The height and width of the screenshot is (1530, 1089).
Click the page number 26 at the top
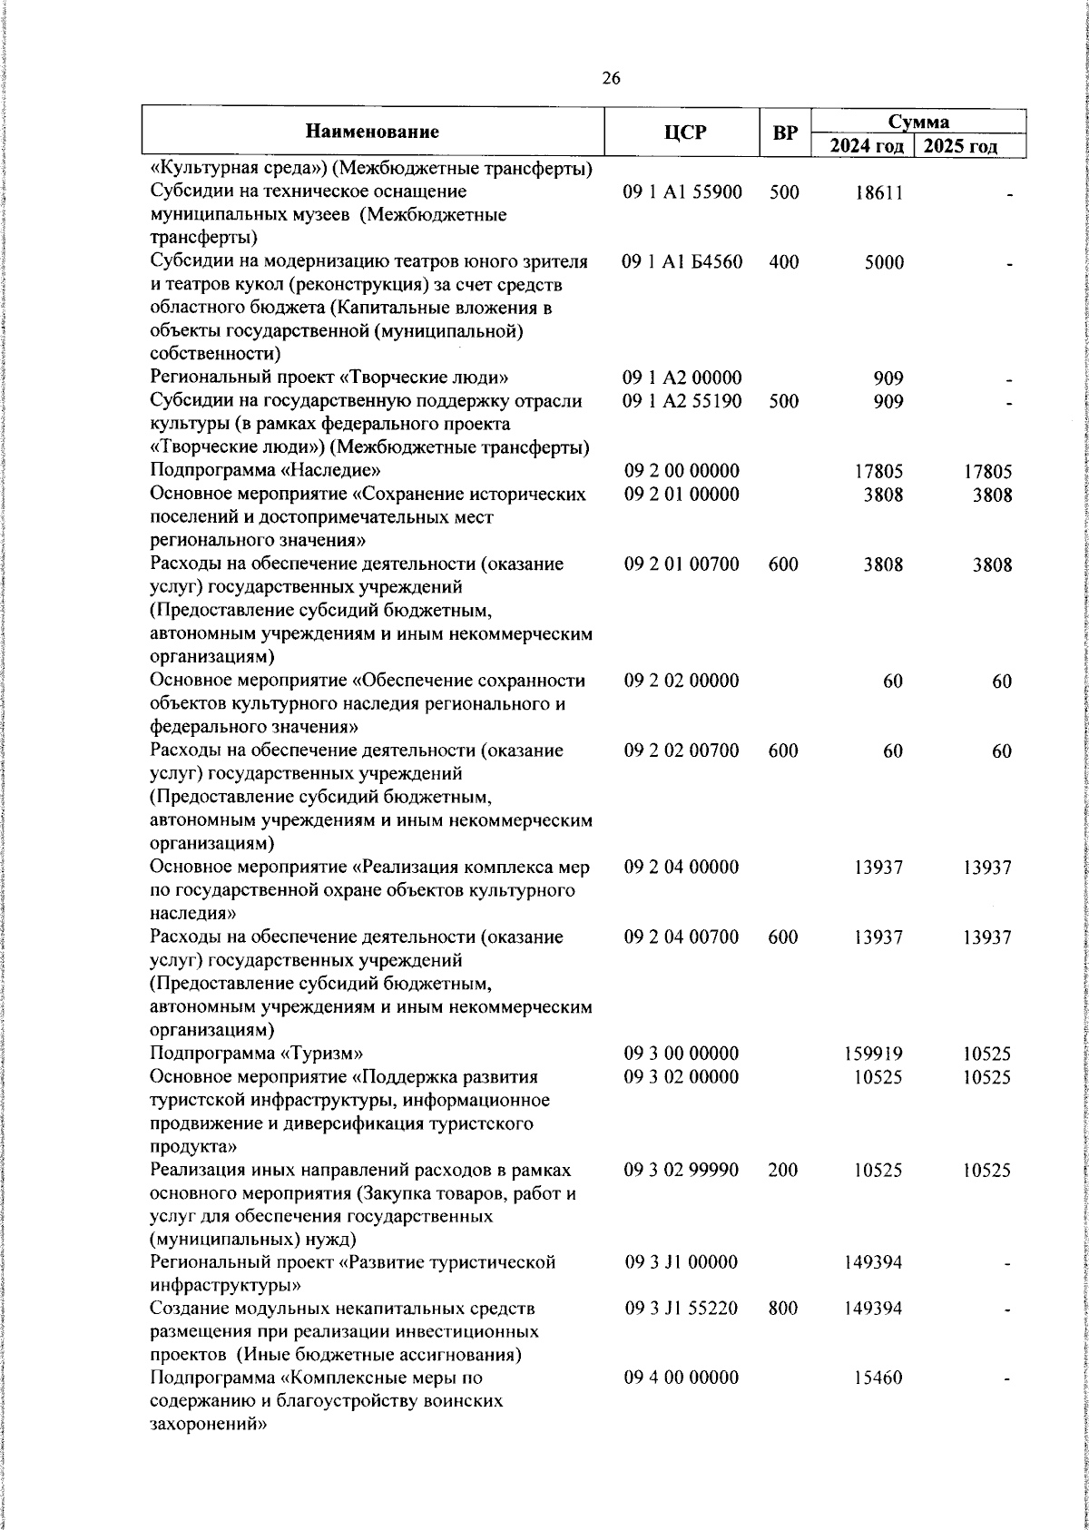[611, 79]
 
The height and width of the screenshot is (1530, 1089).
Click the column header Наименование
[372, 132]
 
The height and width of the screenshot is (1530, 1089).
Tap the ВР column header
[784, 132]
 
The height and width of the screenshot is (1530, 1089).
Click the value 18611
[878, 192]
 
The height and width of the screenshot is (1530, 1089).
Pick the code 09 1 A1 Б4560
[682, 262]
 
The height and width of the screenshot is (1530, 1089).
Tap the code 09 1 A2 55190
[682, 401]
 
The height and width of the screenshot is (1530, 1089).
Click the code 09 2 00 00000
[682, 471]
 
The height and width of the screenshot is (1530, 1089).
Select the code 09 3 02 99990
[682, 1170]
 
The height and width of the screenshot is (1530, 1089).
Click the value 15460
[878, 1403]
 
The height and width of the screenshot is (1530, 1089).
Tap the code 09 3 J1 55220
[682, 1309]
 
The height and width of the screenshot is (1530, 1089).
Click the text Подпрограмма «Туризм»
[257, 1054]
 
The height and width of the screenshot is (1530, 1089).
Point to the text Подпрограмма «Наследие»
[265, 471]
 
